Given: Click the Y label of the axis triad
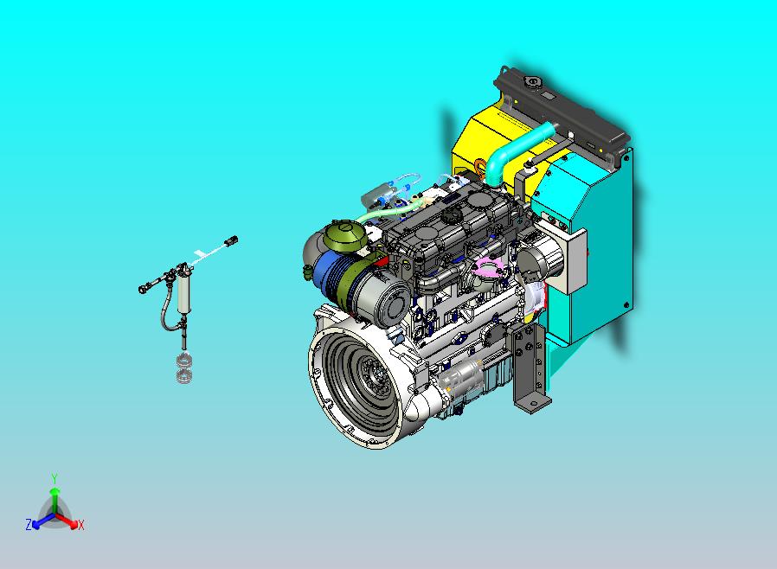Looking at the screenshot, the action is click(55, 478).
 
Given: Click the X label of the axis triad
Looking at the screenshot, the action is click(81, 525).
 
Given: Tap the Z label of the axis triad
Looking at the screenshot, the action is click(29, 524).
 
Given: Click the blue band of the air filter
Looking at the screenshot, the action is click(330, 277).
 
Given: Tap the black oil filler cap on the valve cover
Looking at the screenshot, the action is click(452, 216).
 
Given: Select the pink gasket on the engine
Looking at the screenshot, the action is click(488, 266).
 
